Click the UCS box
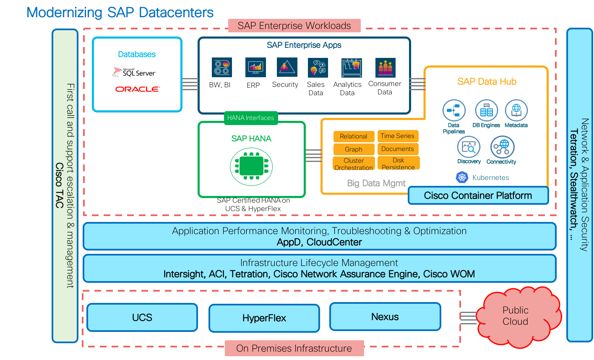click(x=142, y=317)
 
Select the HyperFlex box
click(x=264, y=318)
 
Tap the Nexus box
click(x=385, y=316)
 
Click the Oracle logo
click(x=138, y=89)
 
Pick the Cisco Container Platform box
click(x=478, y=196)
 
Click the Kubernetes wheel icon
click(x=462, y=177)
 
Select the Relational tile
click(x=354, y=136)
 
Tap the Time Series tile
click(x=398, y=136)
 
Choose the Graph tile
click(x=354, y=149)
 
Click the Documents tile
click(x=398, y=149)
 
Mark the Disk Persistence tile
click(x=398, y=163)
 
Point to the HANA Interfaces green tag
click(x=250, y=118)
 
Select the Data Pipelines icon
click(x=454, y=110)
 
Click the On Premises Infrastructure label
click(x=294, y=348)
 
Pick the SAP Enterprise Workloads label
click(x=294, y=26)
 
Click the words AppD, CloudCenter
click(x=319, y=243)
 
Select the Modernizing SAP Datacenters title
click(x=120, y=13)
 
